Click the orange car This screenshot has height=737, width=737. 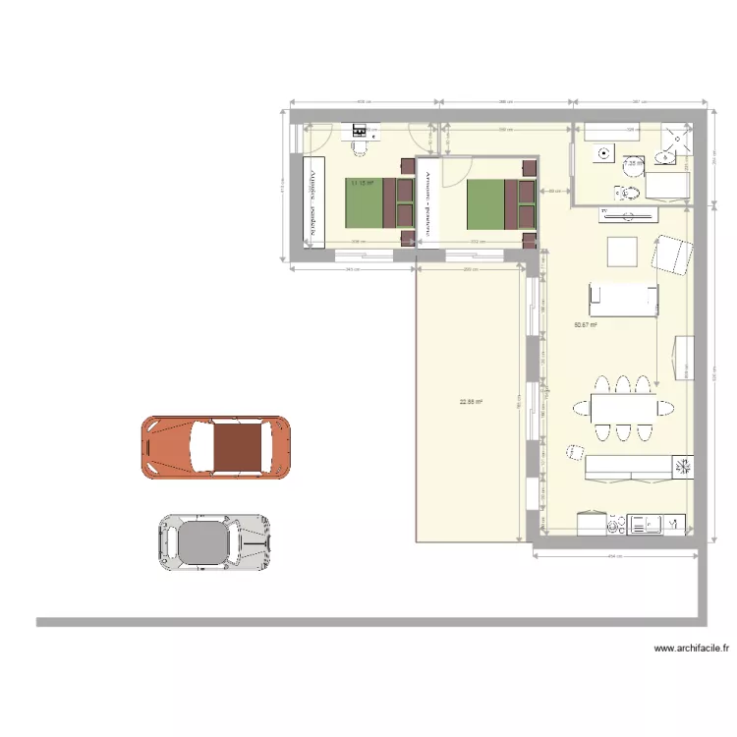point(215,448)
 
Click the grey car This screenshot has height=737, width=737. point(214,541)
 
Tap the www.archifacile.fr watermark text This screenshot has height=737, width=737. point(693,649)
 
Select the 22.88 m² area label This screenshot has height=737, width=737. point(473,401)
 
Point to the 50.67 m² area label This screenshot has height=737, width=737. point(587,325)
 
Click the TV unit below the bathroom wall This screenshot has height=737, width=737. point(629,211)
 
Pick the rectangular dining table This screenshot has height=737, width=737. point(622,406)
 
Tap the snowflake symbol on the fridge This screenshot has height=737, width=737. point(681,466)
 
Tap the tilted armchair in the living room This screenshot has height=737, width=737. point(672,255)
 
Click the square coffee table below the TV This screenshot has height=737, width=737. point(623,253)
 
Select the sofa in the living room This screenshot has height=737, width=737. point(622,299)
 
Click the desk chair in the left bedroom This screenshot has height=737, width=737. point(358,145)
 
